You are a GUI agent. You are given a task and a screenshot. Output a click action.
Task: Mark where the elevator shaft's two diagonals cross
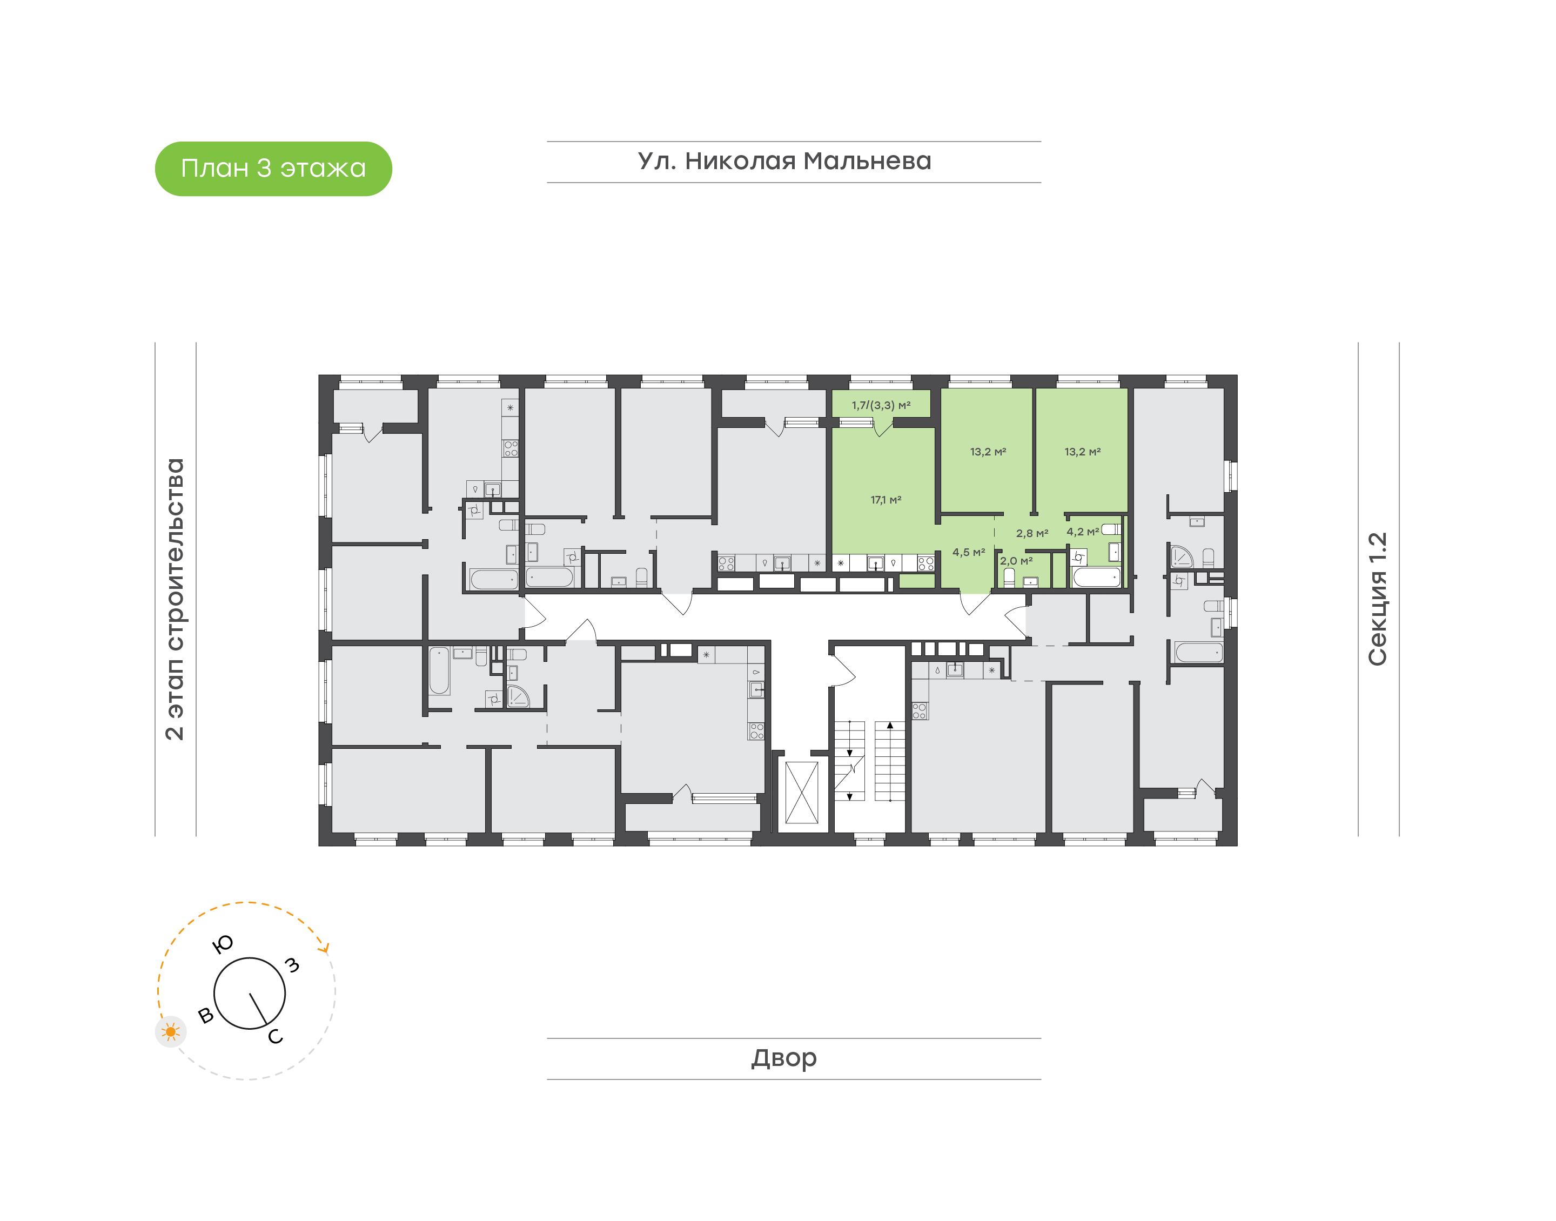(x=801, y=793)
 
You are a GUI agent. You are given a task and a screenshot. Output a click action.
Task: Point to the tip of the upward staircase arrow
(x=890, y=723)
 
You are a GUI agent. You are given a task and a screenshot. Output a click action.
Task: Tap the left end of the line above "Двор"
(x=547, y=1038)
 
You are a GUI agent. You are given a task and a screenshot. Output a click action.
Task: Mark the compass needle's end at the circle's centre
(x=250, y=993)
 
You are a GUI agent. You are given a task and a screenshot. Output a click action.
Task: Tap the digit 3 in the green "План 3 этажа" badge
(x=264, y=168)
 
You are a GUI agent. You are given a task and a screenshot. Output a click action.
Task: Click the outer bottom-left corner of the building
(x=319, y=846)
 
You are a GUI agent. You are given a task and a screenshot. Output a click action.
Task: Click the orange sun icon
(x=170, y=1031)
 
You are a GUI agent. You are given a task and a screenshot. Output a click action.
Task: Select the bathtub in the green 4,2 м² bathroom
(x=1096, y=578)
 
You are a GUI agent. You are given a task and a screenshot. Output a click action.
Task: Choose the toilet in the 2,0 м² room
(x=1009, y=578)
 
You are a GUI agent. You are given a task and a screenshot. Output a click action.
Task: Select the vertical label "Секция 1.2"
(x=1377, y=599)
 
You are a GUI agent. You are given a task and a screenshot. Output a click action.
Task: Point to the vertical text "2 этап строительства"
(x=175, y=599)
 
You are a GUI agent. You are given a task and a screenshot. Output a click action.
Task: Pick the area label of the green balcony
(x=881, y=405)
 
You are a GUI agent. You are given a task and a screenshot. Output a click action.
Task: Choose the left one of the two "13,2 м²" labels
(x=988, y=452)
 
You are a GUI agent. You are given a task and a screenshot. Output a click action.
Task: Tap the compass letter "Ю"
(x=223, y=944)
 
